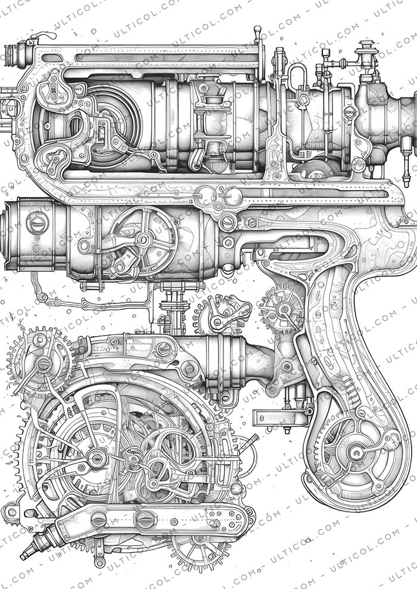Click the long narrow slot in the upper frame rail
click(x=167, y=58)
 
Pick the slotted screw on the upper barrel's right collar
click(x=350, y=111)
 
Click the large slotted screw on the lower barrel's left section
click(x=38, y=223)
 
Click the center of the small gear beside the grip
click(x=281, y=309)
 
